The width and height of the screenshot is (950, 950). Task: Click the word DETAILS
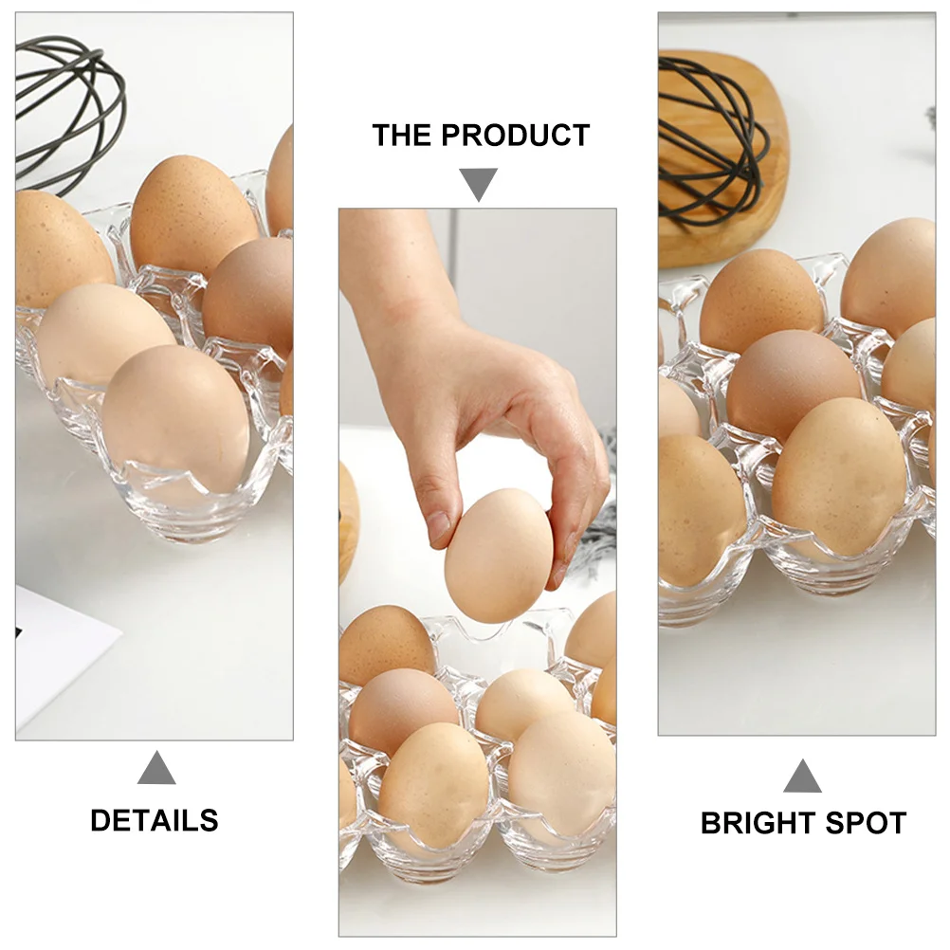pyautogui.click(x=155, y=820)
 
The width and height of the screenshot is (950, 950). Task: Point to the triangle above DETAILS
pyautogui.click(x=156, y=768)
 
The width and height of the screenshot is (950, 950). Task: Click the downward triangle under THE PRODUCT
pyautogui.click(x=479, y=183)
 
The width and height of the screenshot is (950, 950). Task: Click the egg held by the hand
pyautogui.click(x=499, y=555)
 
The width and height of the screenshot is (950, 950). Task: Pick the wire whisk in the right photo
pyautogui.click(x=711, y=142)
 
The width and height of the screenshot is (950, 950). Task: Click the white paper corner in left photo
pyautogui.click(x=57, y=654)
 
